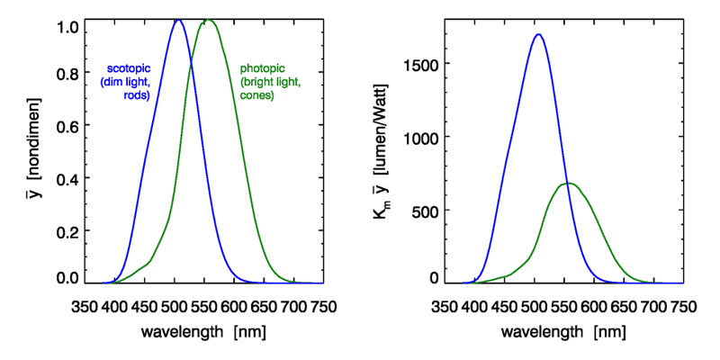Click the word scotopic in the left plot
[x=129, y=69]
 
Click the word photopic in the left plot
[x=263, y=68]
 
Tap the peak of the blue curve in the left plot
[x=178, y=20]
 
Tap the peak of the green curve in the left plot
[x=208, y=20]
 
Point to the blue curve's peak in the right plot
[x=538, y=34]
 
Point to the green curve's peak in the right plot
[x=567, y=184]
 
